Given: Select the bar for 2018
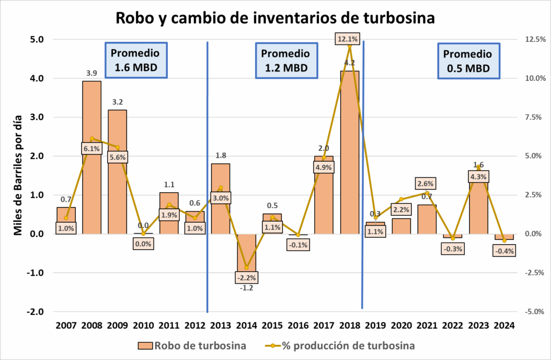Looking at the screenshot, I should [349, 161].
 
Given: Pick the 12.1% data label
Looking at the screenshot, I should [349, 39].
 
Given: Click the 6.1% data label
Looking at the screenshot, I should [91, 149].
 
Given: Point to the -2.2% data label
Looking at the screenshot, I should [246, 278].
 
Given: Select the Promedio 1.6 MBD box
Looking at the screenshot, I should [135, 61].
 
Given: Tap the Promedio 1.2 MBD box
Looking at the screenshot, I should [285, 61].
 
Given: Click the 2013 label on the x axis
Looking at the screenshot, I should [221, 325].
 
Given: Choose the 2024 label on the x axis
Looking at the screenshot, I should [504, 325].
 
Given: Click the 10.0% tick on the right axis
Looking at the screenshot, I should [527, 79].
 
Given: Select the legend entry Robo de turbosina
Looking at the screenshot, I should [193, 345].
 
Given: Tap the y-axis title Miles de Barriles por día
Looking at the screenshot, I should [18, 175].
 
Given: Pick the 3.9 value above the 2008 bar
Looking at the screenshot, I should [91, 73].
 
